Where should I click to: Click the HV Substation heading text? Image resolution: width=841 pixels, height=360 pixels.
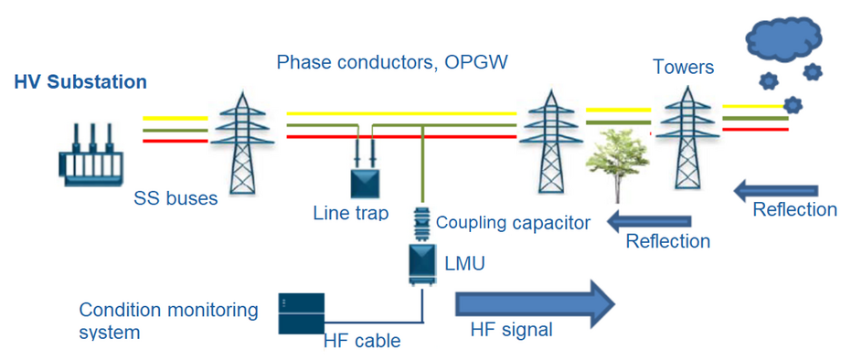[x=80, y=82]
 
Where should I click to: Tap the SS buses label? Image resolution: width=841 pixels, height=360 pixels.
[x=176, y=197]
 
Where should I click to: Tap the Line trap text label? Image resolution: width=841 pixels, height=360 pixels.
[x=351, y=213]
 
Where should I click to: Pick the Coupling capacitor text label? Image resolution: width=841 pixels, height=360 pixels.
[x=513, y=222]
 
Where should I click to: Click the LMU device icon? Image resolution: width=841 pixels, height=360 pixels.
[x=422, y=260]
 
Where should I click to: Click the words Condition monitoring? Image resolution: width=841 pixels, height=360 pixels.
[x=169, y=310]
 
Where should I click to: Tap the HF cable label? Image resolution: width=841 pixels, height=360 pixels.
[x=362, y=341]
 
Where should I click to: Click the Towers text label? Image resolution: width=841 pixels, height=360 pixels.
[x=684, y=67]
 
